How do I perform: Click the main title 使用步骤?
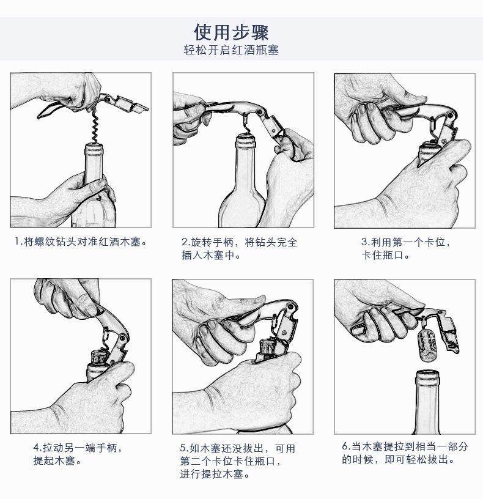[x=231, y=32]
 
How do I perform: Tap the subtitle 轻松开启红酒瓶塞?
[x=231, y=50]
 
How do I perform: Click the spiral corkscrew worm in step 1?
[x=95, y=127]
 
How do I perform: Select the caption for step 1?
[x=81, y=242]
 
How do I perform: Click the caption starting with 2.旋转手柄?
[x=239, y=248]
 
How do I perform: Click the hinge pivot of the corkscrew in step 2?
[x=260, y=112]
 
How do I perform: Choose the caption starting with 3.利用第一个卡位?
[x=406, y=248]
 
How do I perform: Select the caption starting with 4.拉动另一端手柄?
[x=78, y=454]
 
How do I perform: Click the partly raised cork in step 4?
[x=99, y=357]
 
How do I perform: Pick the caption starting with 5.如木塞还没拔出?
[x=238, y=461]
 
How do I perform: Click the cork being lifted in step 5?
[x=267, y=347]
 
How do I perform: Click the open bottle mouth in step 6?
[x=427, y=374]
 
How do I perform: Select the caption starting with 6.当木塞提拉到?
[x=405, y=453]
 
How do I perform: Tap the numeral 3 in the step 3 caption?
[x=364, y=242]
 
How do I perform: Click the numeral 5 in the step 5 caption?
[x=183, y=448]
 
